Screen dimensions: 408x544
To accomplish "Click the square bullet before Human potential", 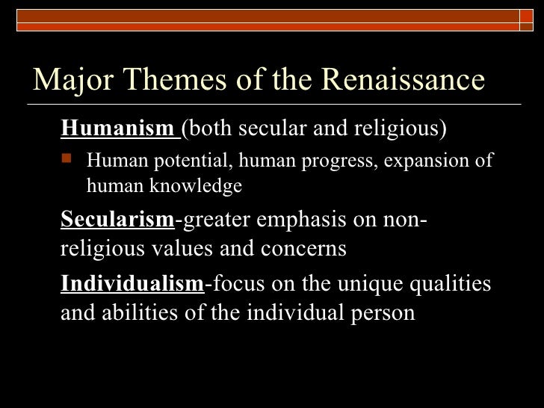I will click(x=70, y=161).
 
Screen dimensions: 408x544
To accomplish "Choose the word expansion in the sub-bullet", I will click(x=424, y=161).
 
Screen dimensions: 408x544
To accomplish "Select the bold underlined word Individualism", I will click(x=132, y=284).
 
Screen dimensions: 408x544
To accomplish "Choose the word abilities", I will click(x=146, y=312).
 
